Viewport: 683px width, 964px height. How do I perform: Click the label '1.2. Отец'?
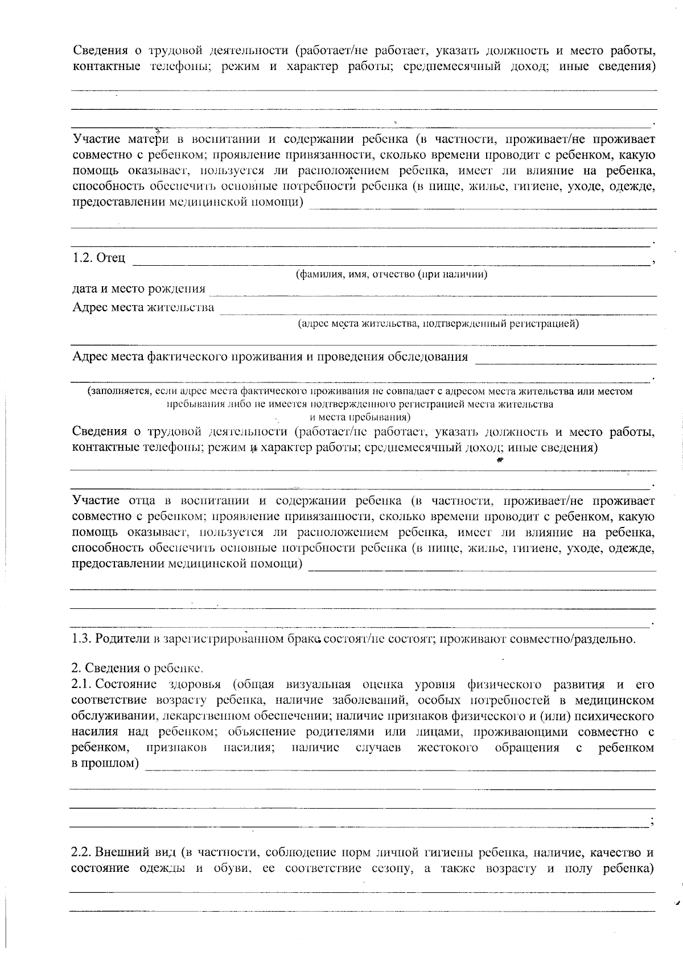(98, 258)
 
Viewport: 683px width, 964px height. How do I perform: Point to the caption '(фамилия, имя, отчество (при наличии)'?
(391, 274)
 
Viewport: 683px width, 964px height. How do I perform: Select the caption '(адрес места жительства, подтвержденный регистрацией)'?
(438, 324)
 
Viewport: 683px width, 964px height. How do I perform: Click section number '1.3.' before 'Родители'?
(82, 638)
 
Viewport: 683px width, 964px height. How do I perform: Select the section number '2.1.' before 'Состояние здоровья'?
(83, 684)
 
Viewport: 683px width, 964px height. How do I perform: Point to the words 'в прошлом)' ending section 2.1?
(105, 763)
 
